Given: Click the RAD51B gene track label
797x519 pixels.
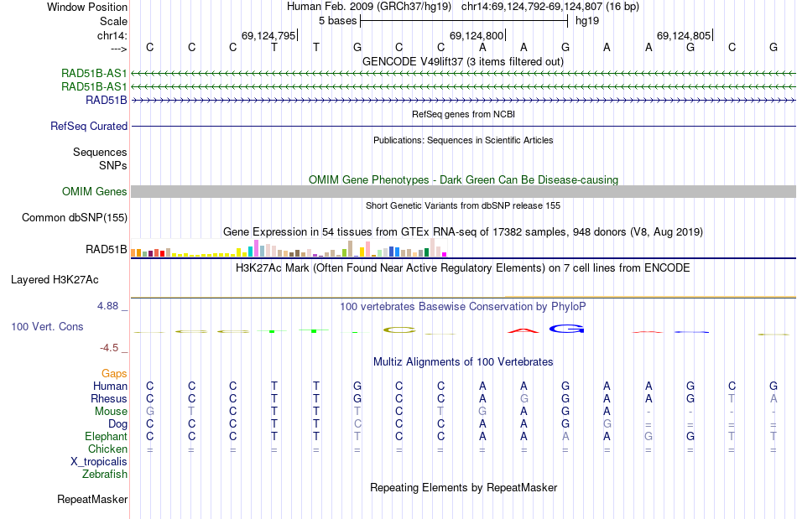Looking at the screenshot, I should coord(107,100).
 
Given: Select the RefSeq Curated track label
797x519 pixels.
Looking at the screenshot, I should coord(89,126).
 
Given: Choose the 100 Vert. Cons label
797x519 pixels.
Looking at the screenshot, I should coord(47,326).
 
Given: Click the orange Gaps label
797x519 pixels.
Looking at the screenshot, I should coord(114,373).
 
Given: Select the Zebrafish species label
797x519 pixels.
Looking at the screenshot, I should coord(105,474).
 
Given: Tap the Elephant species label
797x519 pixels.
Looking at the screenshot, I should coord(106,436).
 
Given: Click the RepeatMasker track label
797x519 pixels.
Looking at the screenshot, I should coord(92,500).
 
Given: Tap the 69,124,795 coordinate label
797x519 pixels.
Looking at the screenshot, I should coord(268,35).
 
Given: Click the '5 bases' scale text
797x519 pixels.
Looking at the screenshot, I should coord(337,20).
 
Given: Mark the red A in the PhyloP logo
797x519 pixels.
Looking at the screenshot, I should coord(524,330).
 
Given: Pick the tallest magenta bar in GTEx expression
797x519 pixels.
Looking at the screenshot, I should coord(256,248).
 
